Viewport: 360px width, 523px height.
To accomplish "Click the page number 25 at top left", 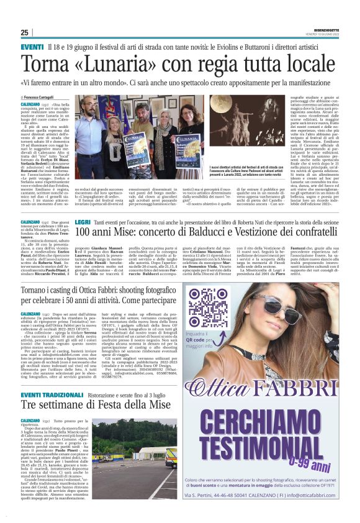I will pos(24,33).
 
